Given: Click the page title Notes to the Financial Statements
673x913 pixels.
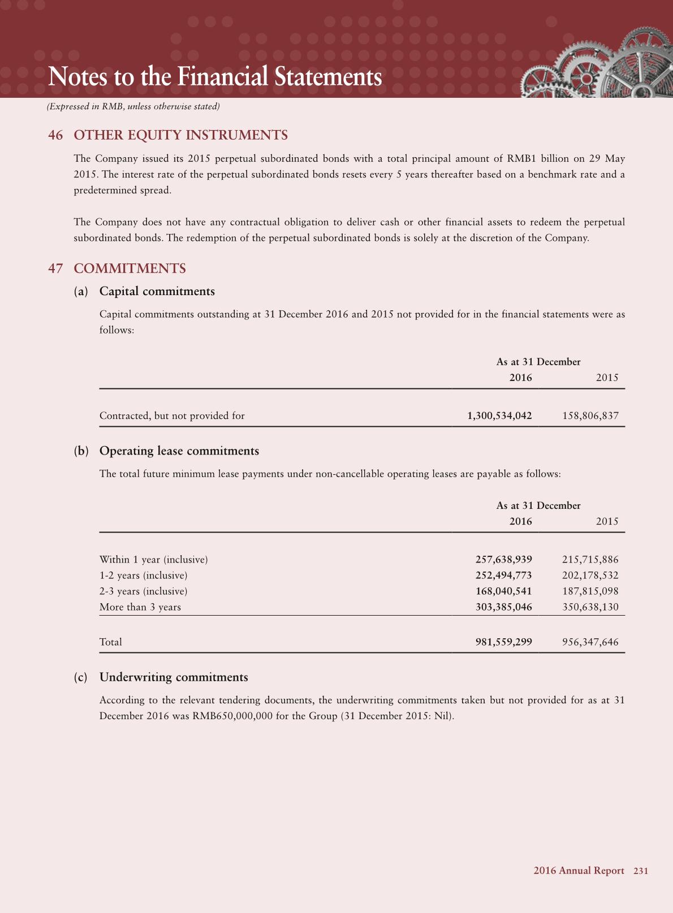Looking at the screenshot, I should tap(215, 77).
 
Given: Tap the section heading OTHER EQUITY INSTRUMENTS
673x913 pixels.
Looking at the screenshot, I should tap(180, 135).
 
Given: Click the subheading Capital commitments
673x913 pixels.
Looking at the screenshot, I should tap(157, 291).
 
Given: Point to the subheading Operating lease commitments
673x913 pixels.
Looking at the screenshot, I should tap(179, 451).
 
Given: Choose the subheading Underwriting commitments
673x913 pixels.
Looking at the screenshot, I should tap(173, 677).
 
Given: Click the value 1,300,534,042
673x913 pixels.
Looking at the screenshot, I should tap(499, 416).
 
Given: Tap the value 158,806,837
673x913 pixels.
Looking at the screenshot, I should tap(590, 416).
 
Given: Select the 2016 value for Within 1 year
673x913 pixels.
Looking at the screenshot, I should tap(503, 560).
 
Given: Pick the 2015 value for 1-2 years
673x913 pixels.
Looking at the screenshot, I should tap(590, 576).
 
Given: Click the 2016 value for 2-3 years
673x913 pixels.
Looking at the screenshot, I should tap(503, 591).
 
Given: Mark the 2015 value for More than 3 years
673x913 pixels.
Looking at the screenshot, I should tap(590, 607).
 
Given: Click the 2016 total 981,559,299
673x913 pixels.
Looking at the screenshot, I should tap(503, 642).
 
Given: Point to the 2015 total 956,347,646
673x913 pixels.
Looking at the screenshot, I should tap(590, 642).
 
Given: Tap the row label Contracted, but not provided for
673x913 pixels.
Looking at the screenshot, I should tap(172, 416).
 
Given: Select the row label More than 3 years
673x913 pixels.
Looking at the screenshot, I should tap(140, 607).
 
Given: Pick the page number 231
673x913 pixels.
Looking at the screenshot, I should tap(641, 871).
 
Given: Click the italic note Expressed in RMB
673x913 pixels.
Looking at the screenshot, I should tap(133, 106).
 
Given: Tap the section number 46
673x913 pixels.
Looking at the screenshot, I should tap(55, 135).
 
